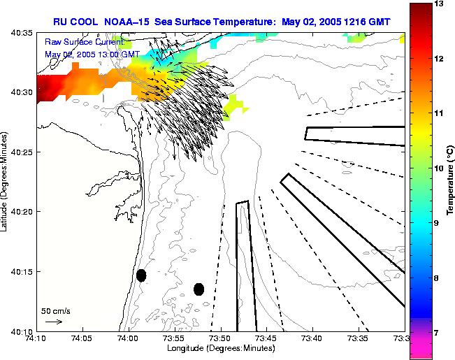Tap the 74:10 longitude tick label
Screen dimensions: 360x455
pyautogui.click(x=36, y=338)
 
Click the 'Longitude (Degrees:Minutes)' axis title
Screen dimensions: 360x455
pyautogui.click(x=220, y=348)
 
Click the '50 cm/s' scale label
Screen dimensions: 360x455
pyautogui.click(x=56, y=310)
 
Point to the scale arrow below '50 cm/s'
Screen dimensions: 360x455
pyautogui.click(x=53, y=322)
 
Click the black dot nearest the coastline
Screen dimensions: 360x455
pyautogui.click(x=141, y=275)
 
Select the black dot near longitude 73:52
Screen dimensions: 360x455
pyautogui.click(x=198, y=289)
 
